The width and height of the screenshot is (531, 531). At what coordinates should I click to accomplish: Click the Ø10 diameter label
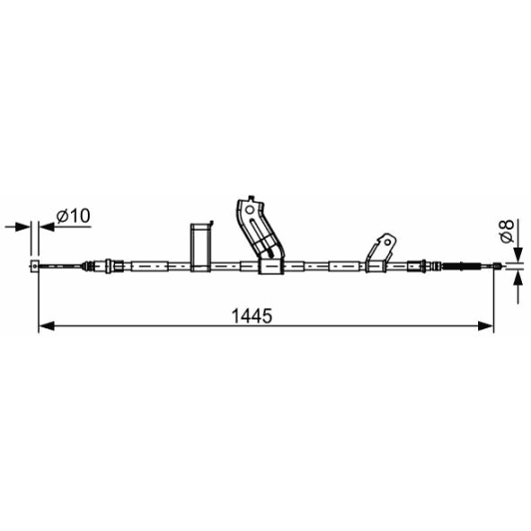[73, 216]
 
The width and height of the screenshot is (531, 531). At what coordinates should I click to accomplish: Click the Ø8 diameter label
[507, 231]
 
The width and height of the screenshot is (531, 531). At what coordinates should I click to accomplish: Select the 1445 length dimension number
[252, 316]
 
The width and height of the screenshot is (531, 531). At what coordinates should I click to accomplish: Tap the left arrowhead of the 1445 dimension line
[46, 326]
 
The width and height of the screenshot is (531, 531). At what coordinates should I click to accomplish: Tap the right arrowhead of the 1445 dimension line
[486, 326]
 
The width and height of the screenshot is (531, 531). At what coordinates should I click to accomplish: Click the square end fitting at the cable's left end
[35, 265]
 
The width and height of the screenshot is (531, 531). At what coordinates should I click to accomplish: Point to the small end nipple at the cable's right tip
[497, 265]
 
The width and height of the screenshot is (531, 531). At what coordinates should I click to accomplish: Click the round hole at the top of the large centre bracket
[250, 210]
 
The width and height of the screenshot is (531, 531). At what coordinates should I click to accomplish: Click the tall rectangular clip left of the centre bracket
[202, 247]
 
